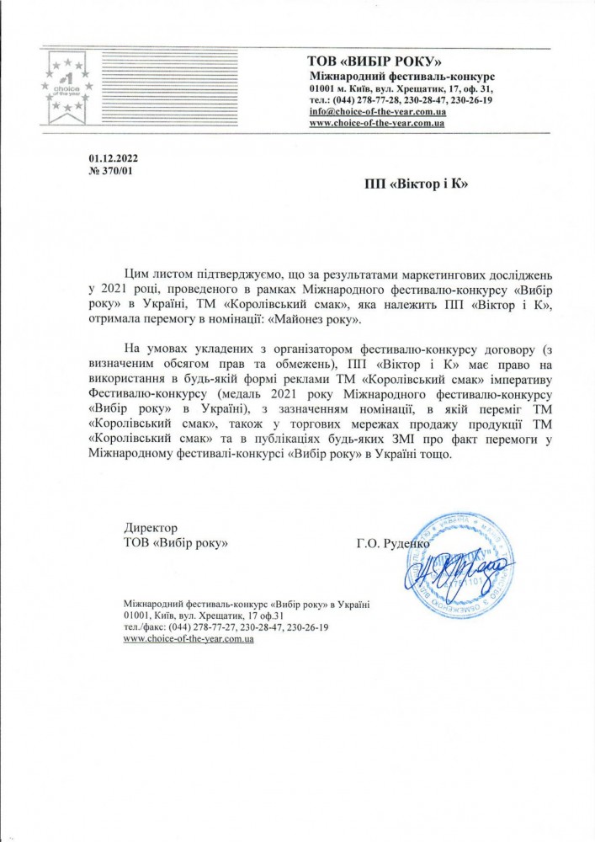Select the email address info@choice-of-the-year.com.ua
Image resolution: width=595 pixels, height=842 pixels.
[x=377, y=112]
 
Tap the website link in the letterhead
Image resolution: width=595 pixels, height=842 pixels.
[x=376, y=124]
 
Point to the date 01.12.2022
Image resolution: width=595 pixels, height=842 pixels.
[x=111, y=158]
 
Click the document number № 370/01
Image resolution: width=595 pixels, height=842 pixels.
[x=110, y=171]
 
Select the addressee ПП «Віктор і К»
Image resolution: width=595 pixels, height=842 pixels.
[x=417, y=182]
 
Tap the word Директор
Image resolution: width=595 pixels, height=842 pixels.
[x=150, y=528]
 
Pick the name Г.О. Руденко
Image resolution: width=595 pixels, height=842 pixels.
[x=393, y=543]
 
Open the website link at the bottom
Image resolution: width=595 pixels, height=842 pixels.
[x=189, y=640]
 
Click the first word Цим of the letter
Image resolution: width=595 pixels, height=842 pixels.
[x=137, y=274]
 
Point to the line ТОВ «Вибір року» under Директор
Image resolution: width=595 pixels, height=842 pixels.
[x=177, y=543]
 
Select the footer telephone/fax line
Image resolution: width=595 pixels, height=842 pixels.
[x=225, y=628]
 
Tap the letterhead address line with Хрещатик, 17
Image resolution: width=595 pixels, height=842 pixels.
[x=401, y=88]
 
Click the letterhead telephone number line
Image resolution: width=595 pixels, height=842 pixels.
[x=401, y=100]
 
